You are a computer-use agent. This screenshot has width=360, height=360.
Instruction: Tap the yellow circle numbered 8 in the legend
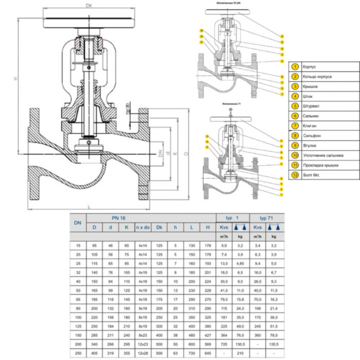coord(295,136)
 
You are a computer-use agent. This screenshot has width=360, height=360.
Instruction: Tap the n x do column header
coord(142,227)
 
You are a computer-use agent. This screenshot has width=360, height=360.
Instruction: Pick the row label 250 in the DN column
coord(78,353)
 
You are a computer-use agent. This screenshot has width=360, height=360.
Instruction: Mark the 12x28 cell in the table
coord(142,353)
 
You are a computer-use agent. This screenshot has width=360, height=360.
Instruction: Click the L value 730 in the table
coord(191,353)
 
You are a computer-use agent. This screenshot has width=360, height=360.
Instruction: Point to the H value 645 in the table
coord(207,353)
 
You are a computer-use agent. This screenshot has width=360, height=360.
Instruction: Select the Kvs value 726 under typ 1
coord(224,344)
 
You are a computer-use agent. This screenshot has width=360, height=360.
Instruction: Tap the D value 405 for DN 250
coord(95,353)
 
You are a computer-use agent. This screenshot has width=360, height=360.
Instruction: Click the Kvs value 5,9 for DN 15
coord(224,246)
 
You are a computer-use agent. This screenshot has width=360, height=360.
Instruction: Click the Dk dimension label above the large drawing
coord(89,6)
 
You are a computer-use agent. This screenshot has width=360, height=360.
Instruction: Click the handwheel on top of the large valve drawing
coord(89,23)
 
